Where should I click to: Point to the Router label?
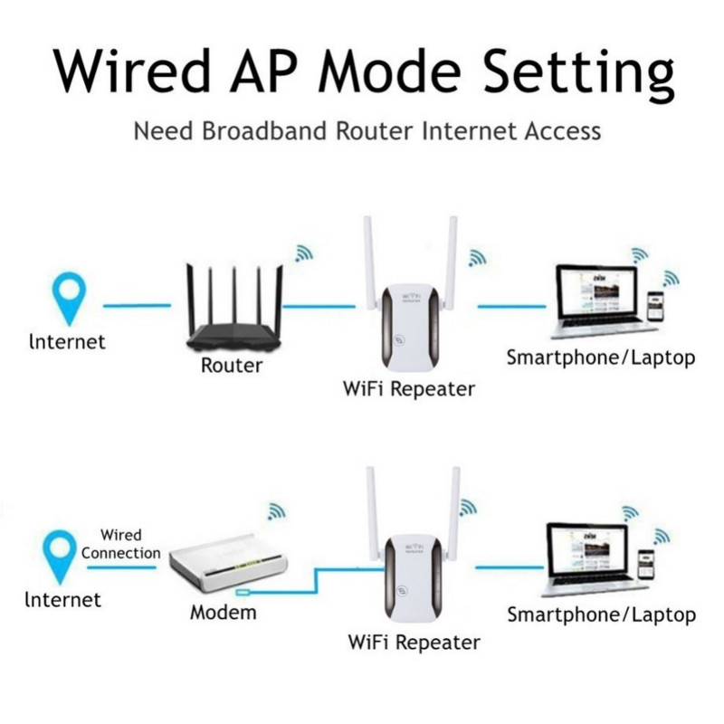[x=232, y=366]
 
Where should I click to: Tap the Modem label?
[x=223, y=613]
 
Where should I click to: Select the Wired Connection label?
[x=120, y=544]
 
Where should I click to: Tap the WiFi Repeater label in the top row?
[x=409, y=390]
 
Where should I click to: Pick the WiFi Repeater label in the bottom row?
[x=414, y=643]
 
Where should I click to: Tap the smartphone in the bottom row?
[x=646, y=567]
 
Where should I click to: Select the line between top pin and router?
[x=136, y=306]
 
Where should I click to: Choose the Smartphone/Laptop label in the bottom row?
[x=601, y=615]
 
